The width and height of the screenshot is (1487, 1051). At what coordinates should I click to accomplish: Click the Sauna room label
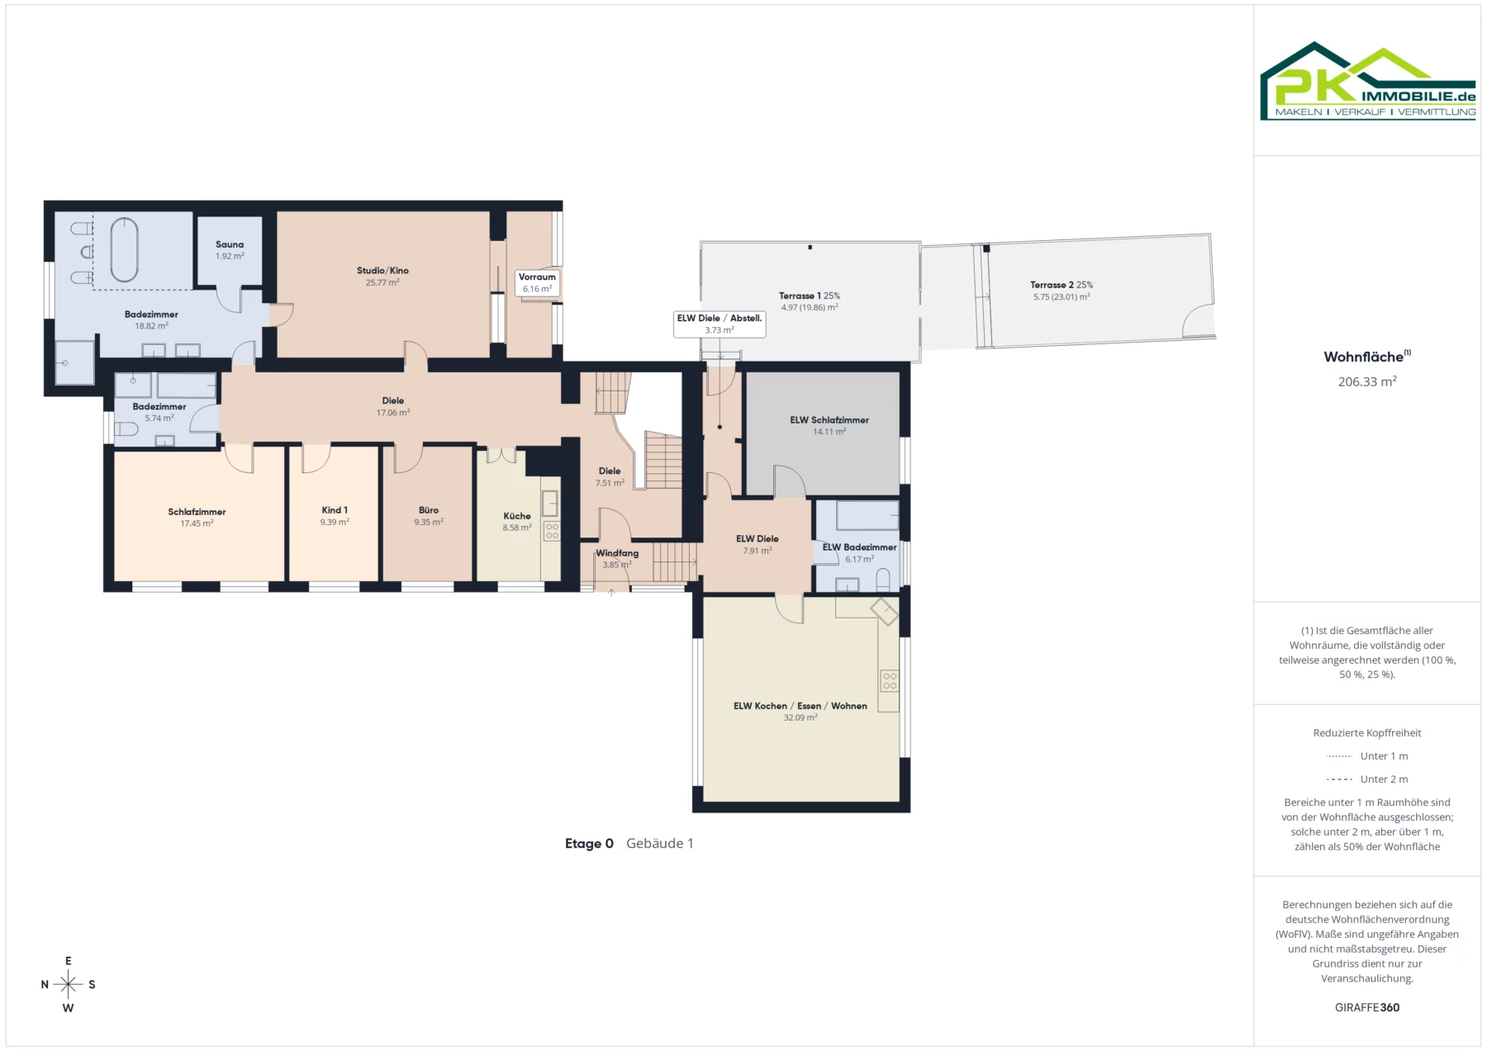tap(230, 244)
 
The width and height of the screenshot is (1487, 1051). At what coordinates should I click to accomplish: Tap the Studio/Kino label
tap(382, 271)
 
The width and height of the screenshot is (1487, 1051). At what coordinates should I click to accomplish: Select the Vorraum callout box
tap(537, 283)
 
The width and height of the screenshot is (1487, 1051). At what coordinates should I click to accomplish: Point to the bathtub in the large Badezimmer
tap(125, 249)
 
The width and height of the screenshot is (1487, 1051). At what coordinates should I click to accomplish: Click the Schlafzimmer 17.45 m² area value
tap(197, 523)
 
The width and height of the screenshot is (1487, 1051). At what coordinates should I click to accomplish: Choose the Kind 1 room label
tap(335, 510)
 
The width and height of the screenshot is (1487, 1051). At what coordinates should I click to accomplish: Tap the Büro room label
tap(429, 510)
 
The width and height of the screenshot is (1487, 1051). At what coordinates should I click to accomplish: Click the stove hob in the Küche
tap(552, 531)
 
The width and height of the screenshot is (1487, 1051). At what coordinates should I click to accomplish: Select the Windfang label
tap(617, 553)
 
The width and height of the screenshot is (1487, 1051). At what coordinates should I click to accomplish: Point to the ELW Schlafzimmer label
tap(829, 420)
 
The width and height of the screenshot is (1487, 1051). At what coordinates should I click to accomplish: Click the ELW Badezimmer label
tap(859, 547)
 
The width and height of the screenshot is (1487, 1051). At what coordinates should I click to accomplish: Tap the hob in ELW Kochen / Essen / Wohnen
tap(890, 681)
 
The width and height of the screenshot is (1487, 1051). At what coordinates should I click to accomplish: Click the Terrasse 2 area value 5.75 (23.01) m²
tap(1062, 297)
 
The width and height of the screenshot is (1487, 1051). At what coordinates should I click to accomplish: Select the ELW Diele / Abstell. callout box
tap(720, 324)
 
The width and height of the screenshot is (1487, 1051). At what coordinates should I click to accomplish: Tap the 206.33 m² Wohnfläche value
tap(1367, 381)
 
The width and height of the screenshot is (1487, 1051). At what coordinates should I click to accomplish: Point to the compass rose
tap(69, 984)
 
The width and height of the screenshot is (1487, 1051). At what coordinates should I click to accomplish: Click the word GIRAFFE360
tap(1367, 1007)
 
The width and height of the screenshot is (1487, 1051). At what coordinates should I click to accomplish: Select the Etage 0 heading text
tap(589, 843)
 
